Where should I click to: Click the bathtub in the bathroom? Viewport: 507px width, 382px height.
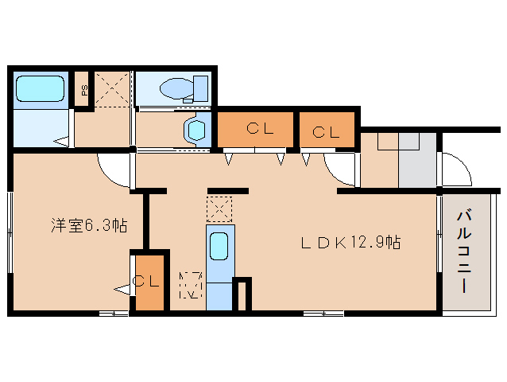40,88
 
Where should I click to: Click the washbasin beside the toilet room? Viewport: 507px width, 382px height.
195,131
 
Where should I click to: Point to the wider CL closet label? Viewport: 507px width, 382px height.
260,129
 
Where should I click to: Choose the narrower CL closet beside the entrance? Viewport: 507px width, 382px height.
327,130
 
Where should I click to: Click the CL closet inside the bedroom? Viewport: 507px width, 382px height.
149,283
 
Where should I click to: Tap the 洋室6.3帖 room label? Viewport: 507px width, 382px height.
89,226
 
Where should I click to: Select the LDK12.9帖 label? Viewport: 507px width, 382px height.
350,243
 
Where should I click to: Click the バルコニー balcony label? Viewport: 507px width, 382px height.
464,251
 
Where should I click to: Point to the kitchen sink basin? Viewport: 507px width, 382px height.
219,247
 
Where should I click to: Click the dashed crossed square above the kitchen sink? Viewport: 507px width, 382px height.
219,209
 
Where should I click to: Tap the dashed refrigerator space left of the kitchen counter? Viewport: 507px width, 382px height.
191,285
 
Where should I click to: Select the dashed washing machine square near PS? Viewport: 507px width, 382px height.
113,88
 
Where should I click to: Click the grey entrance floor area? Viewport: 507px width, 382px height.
417,160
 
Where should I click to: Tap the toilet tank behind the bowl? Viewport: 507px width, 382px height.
201,88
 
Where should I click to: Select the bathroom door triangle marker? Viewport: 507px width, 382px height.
61,141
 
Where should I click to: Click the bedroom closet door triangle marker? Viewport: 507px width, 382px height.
122,290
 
